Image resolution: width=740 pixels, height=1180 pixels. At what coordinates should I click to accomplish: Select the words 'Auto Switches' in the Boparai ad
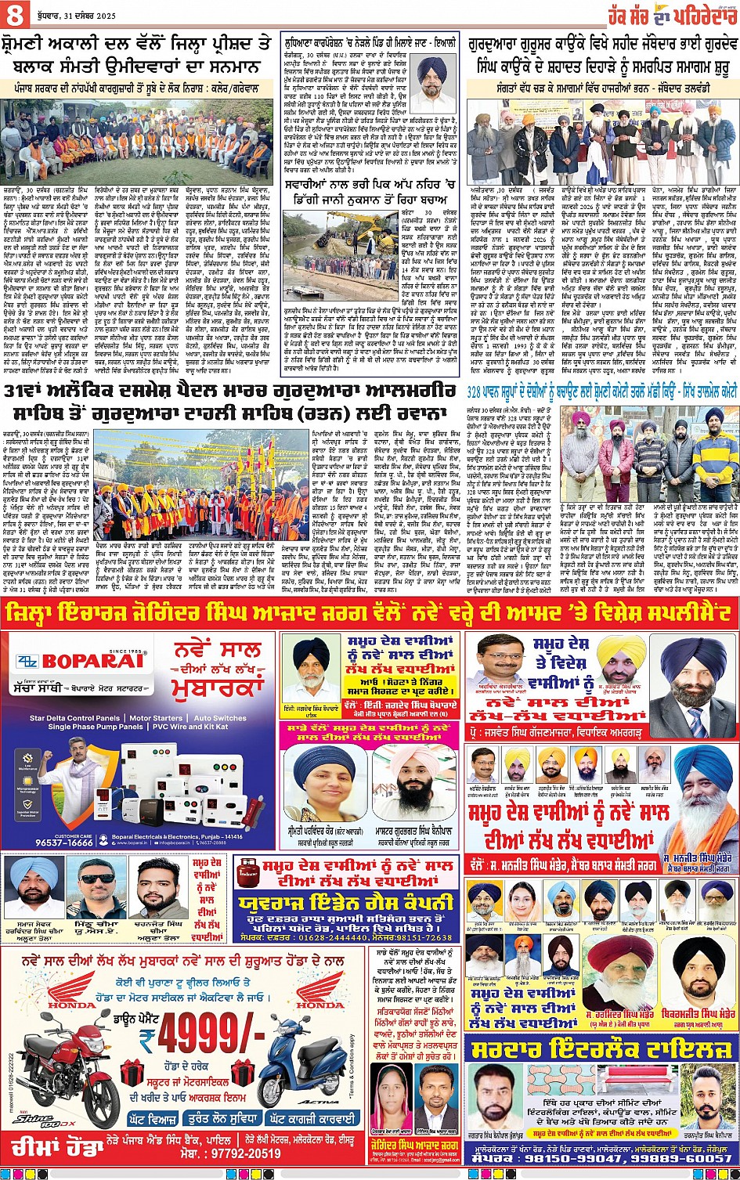pos(220,717)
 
